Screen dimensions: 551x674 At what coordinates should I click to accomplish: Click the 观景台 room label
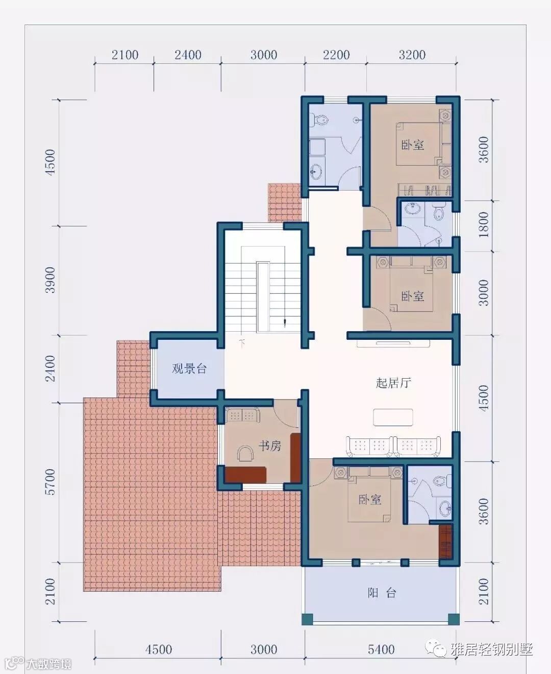(x=189, y=368)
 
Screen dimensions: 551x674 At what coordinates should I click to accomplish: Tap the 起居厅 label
(x=393, y=382)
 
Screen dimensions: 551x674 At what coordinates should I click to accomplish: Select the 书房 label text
(x=269, y=446)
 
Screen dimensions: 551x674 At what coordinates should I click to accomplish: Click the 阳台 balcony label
(x=382, y=593)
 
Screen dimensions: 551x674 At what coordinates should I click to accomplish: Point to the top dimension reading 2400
(x=188, y=55)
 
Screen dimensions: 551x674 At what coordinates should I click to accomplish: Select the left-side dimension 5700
(x=51, y=482)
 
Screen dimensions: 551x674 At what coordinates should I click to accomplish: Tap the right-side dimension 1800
(x=484, y=225)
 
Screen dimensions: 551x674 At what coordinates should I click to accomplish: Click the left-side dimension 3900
(x=51, y=280)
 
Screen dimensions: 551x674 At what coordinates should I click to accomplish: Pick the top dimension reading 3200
(x=412, y=55)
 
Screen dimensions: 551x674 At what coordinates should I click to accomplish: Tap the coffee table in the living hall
(x=393, y=417)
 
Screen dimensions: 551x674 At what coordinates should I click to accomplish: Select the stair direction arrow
(x=285, y=322)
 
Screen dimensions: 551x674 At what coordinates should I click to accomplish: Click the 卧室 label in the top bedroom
(x=413, y=145)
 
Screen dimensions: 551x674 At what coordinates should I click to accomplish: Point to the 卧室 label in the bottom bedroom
(x=370, y=499)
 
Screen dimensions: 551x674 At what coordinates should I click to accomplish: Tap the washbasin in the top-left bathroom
(x=316, y=171)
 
